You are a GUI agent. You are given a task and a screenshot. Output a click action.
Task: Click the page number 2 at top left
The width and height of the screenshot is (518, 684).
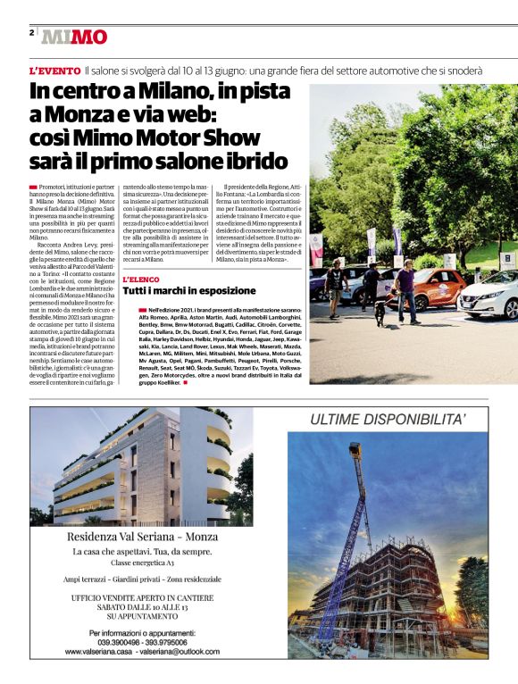coord(31,32)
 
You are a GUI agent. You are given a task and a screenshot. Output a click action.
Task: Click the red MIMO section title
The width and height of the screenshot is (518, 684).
coord(74,37)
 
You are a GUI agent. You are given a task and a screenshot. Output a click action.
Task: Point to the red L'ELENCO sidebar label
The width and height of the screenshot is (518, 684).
coord(140,279)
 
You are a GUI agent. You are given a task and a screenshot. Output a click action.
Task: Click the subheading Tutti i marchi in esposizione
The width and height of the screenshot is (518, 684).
coord(188,291)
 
